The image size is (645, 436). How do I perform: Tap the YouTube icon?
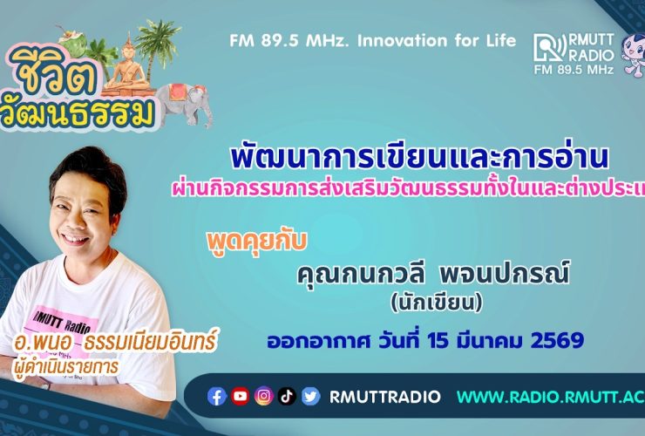[x=241, y=397]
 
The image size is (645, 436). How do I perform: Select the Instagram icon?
[x=264, y=397]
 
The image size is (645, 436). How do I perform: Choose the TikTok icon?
[x=288, y=397]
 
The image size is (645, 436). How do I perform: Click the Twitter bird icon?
[x=311, y=397]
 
